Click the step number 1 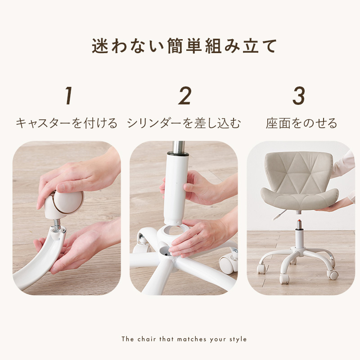pos(68,95)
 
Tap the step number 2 pos(185,95)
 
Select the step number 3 pos(299,95)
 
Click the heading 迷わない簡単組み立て pos(184,46)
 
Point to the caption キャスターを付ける pos(67,123)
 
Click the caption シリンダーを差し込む pos(184,123)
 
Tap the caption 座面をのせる pos(301,123)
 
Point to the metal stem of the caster pos(57,223)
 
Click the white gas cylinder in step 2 pos(176,188)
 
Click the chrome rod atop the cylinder pos(178,147)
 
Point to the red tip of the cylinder pos(299,221)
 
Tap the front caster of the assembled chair pos(284,279)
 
